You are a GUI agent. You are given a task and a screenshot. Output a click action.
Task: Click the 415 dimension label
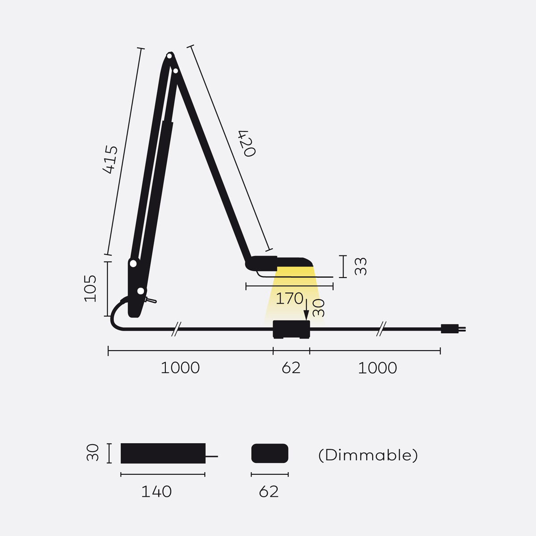pos(110,159)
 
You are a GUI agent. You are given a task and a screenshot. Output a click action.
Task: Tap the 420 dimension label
pos(247,143)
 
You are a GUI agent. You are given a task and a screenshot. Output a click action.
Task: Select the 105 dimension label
pos(90,289)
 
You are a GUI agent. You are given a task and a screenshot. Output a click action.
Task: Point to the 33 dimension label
pos(361,266)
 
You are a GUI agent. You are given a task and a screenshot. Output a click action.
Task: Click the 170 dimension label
pos(289,298)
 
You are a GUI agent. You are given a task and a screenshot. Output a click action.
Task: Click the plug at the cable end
pos(453,329)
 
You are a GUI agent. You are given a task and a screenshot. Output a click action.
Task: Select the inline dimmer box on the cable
pos(291,329)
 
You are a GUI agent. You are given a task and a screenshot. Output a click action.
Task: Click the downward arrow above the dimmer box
pos(306,310)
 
